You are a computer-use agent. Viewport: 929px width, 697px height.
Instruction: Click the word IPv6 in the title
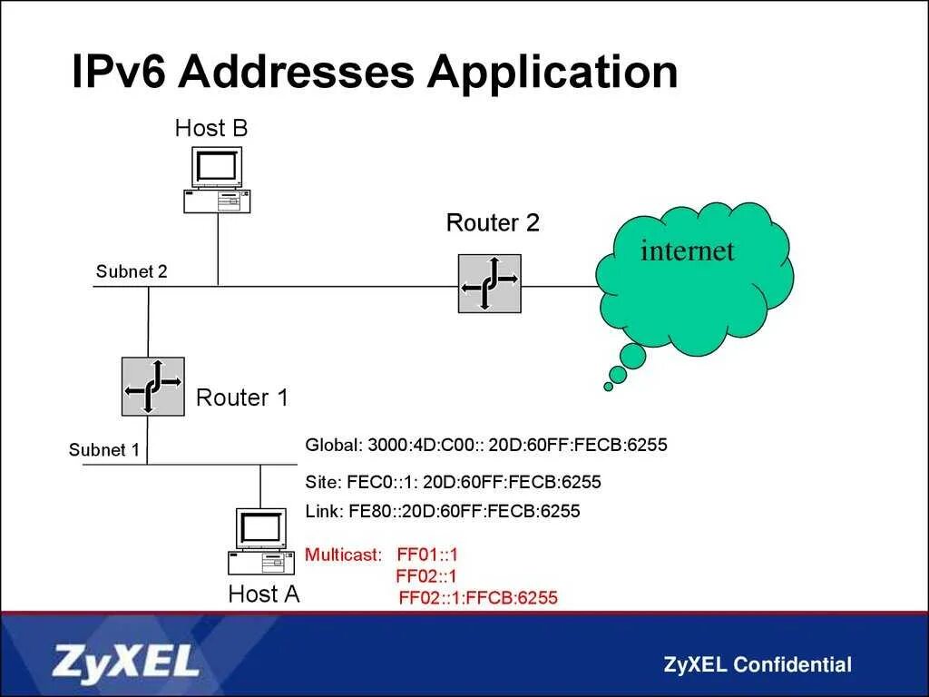point(117,72)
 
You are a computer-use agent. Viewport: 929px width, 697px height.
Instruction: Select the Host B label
point(210,128)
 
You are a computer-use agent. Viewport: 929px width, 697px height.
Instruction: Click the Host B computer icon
point(217,180)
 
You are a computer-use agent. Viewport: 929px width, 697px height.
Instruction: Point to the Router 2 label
point(493,223)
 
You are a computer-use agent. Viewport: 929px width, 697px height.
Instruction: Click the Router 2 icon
point(490,284)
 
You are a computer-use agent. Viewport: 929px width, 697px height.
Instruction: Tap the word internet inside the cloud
point(687,250)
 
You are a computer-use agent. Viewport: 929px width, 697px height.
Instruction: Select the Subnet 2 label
point(132,271)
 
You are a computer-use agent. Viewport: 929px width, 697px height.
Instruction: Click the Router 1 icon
point(153,387)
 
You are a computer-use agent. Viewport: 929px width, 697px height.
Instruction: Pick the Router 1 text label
point(242,398)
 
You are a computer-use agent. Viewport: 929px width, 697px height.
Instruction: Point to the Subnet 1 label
point(104,450)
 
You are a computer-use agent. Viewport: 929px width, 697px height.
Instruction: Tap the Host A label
point(264,594)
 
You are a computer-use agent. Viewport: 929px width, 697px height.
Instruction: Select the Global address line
point(486,446)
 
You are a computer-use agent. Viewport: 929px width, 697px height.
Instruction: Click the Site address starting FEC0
point(454,482)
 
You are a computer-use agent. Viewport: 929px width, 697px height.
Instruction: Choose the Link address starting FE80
point(443,511)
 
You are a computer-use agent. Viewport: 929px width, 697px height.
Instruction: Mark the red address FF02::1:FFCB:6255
point(478,598)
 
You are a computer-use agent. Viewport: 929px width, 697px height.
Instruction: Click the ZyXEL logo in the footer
point(126,663)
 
